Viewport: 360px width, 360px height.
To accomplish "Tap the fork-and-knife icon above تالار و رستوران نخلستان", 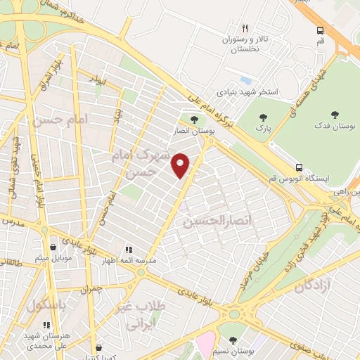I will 245,29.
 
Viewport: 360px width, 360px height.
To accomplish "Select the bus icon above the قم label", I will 321,30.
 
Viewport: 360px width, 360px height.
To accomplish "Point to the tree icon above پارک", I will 264,117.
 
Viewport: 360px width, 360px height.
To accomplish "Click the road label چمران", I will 92,288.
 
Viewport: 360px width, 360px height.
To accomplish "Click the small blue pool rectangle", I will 245,80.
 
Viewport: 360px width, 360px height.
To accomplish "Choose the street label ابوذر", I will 101,82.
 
